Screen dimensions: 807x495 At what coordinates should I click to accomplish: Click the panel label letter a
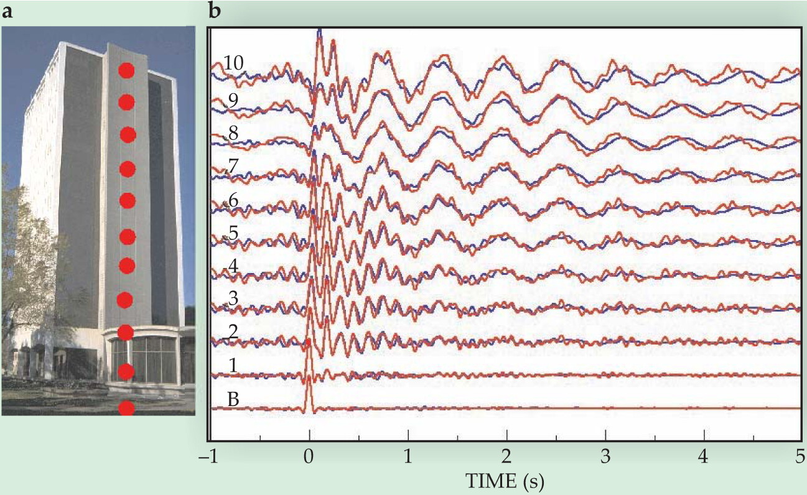[x=7, y=12]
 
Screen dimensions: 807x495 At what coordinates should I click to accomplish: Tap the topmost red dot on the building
[x=126, y=70]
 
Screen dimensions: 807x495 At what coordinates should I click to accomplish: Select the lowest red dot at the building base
[x=126, y=408]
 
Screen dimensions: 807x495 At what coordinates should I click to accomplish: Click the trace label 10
[x=233, y=63]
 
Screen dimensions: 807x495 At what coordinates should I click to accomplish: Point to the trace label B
[x=233, y=399]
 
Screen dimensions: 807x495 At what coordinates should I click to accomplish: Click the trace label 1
[x=233, y=366]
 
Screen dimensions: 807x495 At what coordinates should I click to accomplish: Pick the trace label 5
[x=233, y=233]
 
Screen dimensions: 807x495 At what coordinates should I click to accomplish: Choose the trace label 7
[x=233, y=166]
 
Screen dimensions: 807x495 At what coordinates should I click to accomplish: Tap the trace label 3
[x=233, y=299]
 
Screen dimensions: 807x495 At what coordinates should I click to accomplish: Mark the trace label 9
[x=233, y=101]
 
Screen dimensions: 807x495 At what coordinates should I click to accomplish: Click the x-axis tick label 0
[x=309, y=457]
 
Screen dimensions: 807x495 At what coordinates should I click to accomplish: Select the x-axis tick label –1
[x=208, y=457]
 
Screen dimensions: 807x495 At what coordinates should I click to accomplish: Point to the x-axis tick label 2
[x=506, y=457]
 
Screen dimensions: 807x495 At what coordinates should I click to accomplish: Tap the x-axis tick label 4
[x=704, y=457]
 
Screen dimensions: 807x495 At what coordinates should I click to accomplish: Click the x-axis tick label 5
[x=800, y=457]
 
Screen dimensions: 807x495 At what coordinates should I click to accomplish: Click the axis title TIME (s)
[x=505, y=481]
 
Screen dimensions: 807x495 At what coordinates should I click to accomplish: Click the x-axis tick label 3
[x=605, y=457]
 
